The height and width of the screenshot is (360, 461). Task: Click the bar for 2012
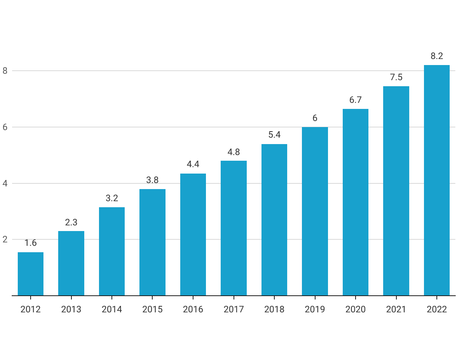[x=31, y=274]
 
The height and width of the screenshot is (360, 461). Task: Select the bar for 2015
[x=152, y=242]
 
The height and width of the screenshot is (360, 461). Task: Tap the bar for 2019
[x=315, y=211]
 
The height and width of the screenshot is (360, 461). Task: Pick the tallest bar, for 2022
[x=436, y=180]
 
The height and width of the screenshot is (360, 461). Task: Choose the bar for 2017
[x=234, y=228]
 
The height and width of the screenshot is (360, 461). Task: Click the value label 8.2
[x=437, y=56]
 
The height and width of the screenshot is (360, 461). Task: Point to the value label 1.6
[x=31, y=243]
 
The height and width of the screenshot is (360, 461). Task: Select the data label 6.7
[x=355, y=100]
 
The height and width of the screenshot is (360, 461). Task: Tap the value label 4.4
[x=193, y=164]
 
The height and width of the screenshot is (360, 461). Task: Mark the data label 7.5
[x=396, y=77]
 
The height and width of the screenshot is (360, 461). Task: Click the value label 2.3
[x=71, y=222]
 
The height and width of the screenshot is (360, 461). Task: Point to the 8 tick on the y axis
[x=5, y=71]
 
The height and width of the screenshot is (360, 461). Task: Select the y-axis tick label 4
[x=5, y=183]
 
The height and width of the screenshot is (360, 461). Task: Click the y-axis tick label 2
[x=5, y=239]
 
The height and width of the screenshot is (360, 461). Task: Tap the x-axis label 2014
[x=112, y=309]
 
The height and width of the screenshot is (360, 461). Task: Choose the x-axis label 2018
[x=274, y=309]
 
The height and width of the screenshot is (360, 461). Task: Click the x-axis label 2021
[x=396, y=309]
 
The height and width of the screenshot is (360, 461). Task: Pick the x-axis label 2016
[x=193, y=309]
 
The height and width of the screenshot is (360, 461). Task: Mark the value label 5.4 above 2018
[x=274, y=135]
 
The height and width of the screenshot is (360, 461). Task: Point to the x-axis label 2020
[x=356, y=309]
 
